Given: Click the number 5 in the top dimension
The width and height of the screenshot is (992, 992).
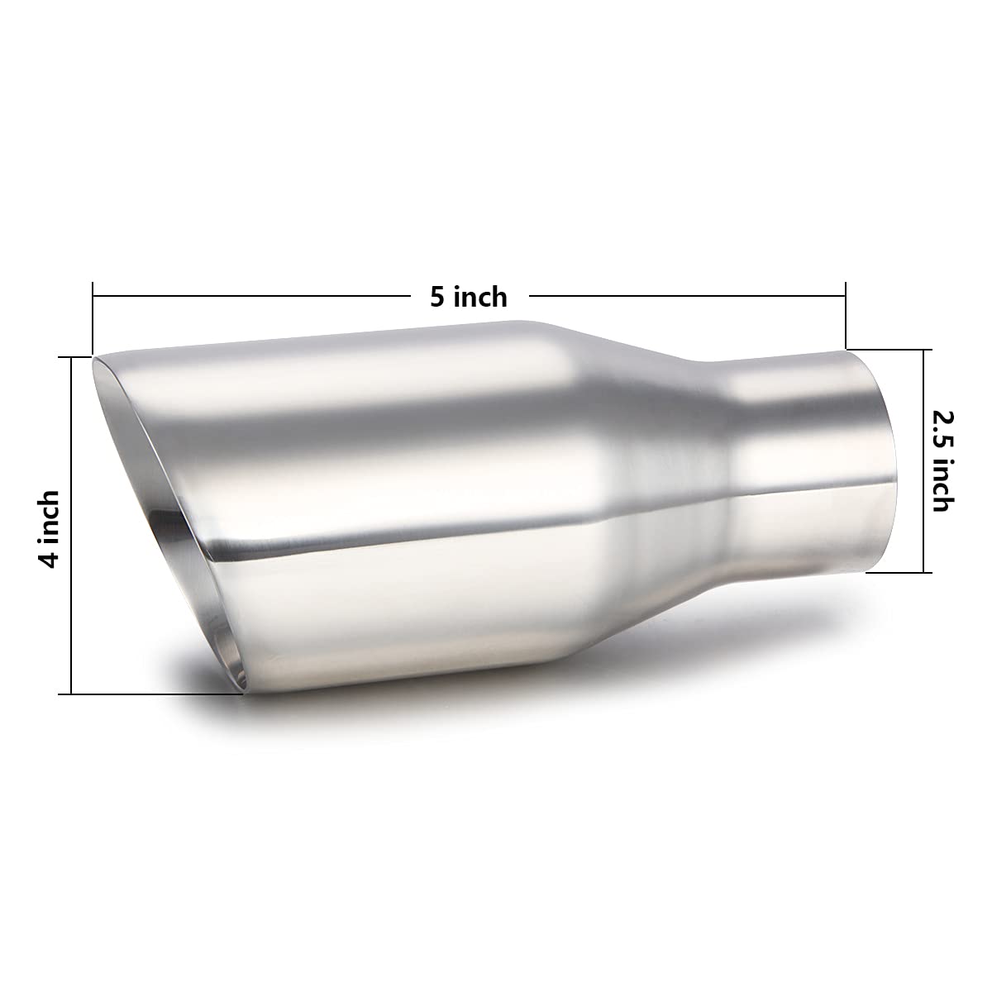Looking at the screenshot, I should click(438, 296).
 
